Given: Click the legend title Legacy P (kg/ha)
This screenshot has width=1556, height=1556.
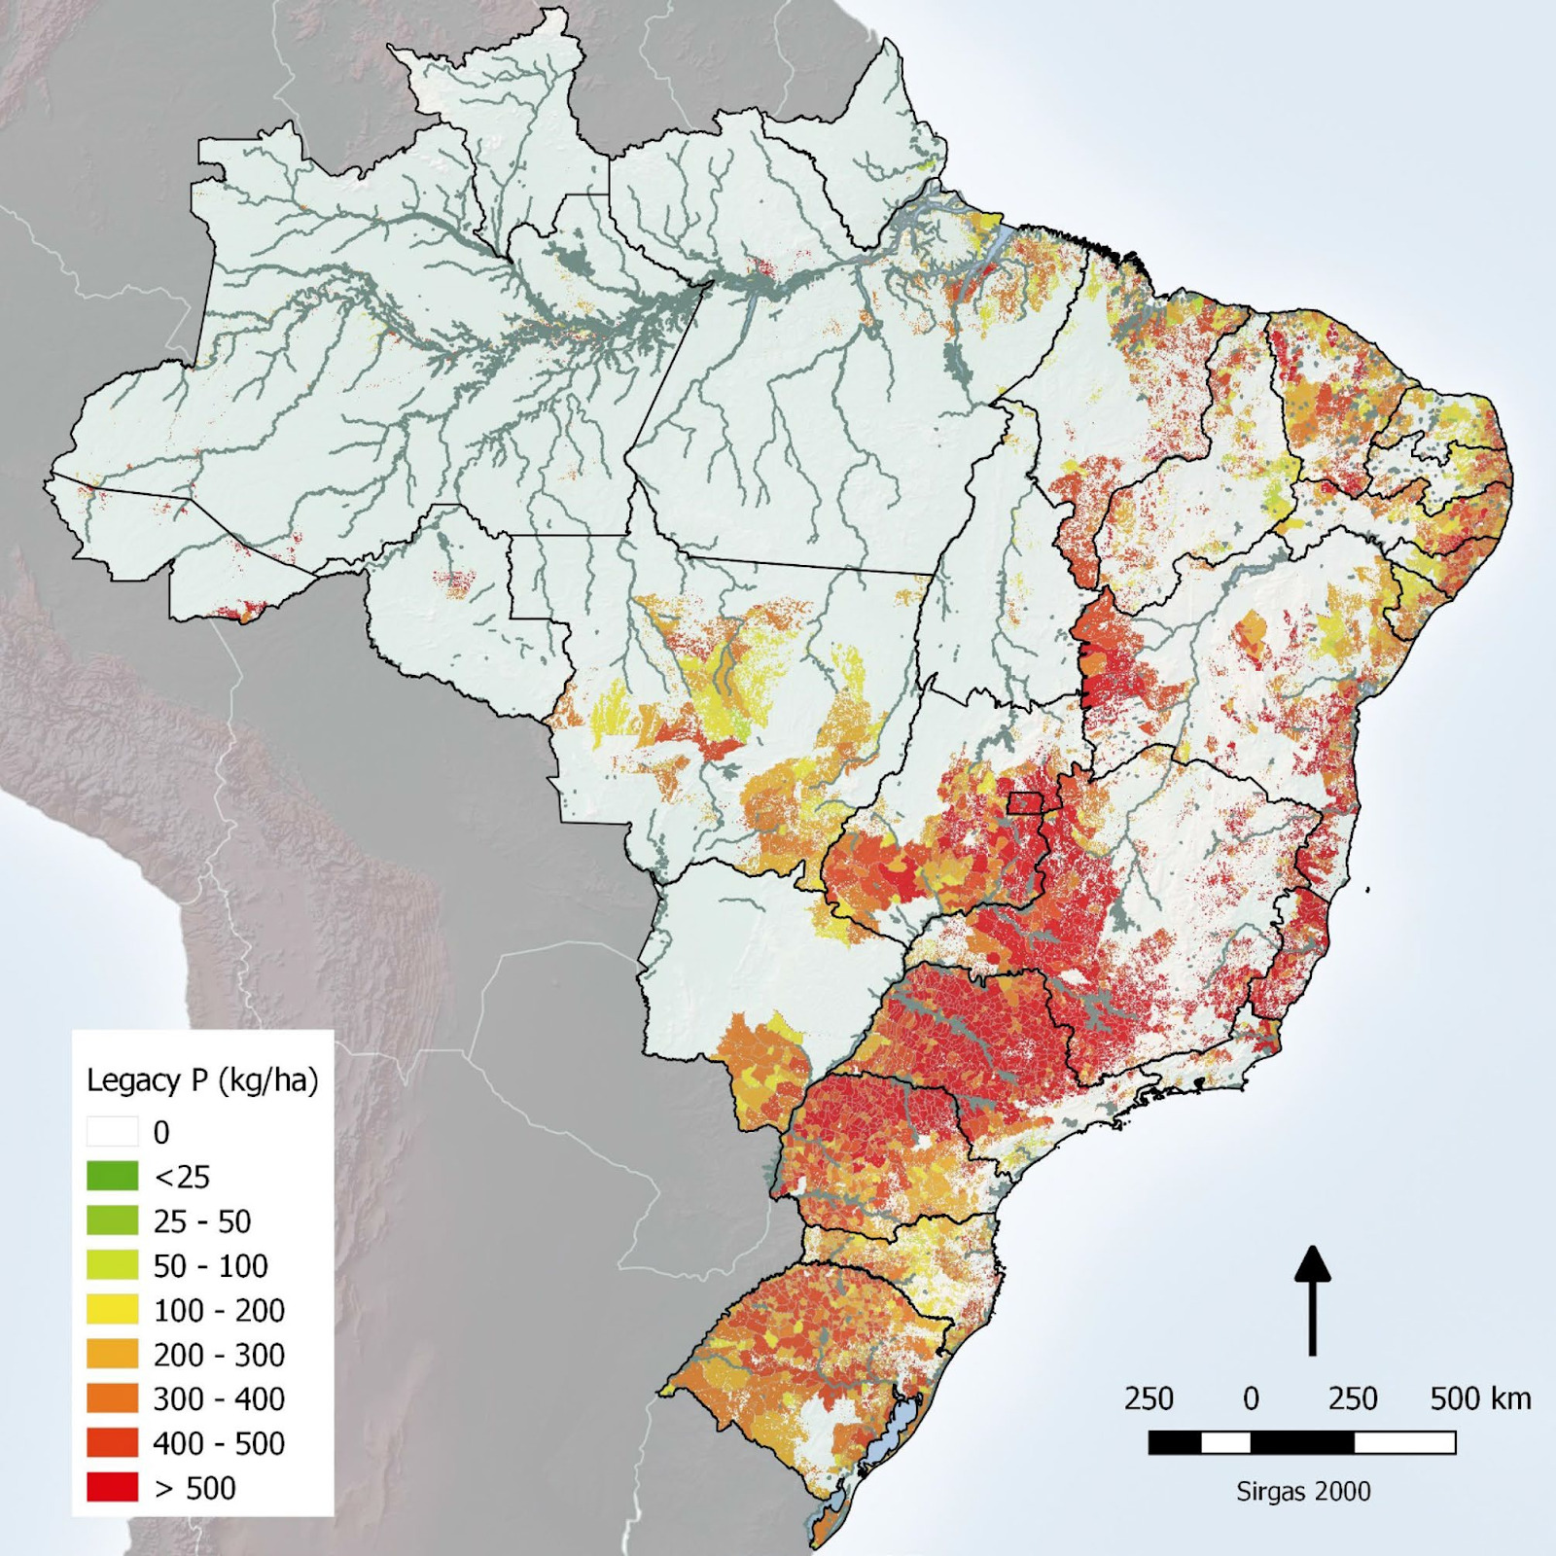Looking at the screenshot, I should click(202, 1080).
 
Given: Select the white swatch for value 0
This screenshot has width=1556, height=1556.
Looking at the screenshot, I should click(112, 1132).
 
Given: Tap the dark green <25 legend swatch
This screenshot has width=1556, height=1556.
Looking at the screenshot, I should click(112, 1177).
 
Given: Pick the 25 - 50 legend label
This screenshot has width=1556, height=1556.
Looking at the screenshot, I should click(202, 1221).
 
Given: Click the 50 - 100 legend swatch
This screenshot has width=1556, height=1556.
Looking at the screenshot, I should click(112, 1265).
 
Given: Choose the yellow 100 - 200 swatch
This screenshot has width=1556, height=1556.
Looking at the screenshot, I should click(112, 1310).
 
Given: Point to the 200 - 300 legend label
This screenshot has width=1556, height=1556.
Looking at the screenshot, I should click(219, 1355).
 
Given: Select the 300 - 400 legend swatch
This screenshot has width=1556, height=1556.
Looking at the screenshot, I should click(112, 1398).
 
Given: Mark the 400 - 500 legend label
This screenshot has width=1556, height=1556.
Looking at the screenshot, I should click(219, 1443).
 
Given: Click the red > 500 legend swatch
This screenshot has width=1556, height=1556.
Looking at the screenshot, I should click(112, 1488).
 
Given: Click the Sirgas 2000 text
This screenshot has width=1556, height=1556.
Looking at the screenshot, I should click(1303, 1492).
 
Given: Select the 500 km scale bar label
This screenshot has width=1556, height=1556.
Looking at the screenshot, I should click(1480, 1399).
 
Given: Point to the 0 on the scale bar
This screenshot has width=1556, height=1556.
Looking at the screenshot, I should click(1252, 1399).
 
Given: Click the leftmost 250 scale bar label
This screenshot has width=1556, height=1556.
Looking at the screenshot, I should click(1149, 1399).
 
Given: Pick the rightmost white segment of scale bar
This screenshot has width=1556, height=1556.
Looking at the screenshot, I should click(1404, 1442).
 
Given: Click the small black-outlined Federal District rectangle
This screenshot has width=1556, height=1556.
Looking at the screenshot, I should click(1024, 802).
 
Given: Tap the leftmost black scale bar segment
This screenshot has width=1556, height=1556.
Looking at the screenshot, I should click(1175, 1442).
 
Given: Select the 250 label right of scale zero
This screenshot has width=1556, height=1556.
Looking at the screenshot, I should click(1353, 1399).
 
